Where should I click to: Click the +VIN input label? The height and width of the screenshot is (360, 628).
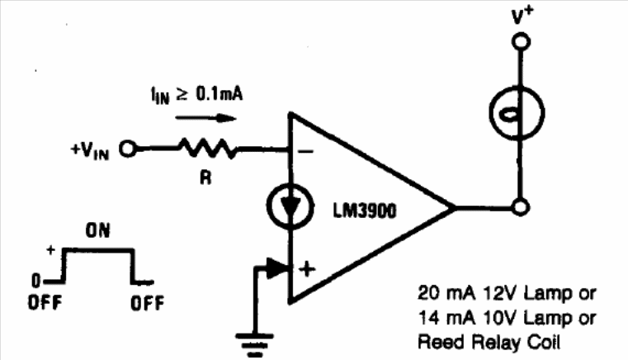pyautogui.click(x=90, y=150)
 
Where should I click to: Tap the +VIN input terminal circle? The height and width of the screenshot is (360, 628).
pyautogui.click(x=128, y=149)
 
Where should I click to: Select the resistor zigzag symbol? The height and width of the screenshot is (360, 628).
pyautogui.click(x=208, y=149)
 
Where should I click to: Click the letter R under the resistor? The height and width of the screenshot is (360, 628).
pyautogui.click(x=205, y=178)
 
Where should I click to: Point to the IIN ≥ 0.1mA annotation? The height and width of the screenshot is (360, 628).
pyautogui.click(x=197, y=96)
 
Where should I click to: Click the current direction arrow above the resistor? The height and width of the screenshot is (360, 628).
pyautogui.click(x=206, y=118)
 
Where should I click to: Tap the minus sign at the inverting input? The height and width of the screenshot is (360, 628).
pyautogui.click(x=306, y=152)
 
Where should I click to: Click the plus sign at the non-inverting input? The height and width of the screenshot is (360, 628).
pyautogui.click(x=307, y=269)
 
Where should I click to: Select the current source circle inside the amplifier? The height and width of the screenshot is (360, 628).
pyautogui.click(x=290, y=206)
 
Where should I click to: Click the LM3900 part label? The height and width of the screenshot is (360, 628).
pyautogui.click(x=365, y=211)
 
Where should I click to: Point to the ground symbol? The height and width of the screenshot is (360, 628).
pyautogui.click(x=255, y=344)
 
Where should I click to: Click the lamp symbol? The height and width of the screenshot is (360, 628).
pyautogui.click(x=517, y=113)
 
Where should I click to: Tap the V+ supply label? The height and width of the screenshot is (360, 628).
pyautogui.click(x=522, y=16)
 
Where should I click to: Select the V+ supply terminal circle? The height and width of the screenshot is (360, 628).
pyautogui.click(x=521, y=41)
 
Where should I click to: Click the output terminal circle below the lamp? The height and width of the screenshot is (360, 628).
pyautogui.click(x=521, y=207)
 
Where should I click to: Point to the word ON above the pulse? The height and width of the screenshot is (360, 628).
pyautogui.click(x=97, y=230)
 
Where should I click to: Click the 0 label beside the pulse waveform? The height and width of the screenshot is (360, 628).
pyautogui.click(x=36, y=281)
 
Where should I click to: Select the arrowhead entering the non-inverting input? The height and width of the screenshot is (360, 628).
pyautogui.click(x=278, y=268)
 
